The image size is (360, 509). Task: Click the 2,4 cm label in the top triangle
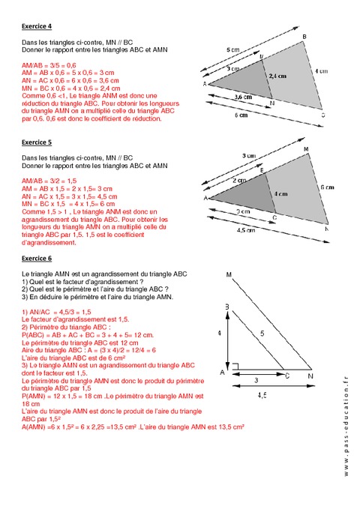[277, 76]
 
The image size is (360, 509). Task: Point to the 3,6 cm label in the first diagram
[243, 97]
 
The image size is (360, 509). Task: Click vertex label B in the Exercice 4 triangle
[304, 36]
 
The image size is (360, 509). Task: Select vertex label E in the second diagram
[262, 171]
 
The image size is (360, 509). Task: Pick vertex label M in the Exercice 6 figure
[227, 274]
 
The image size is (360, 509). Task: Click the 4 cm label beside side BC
[321, 71]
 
